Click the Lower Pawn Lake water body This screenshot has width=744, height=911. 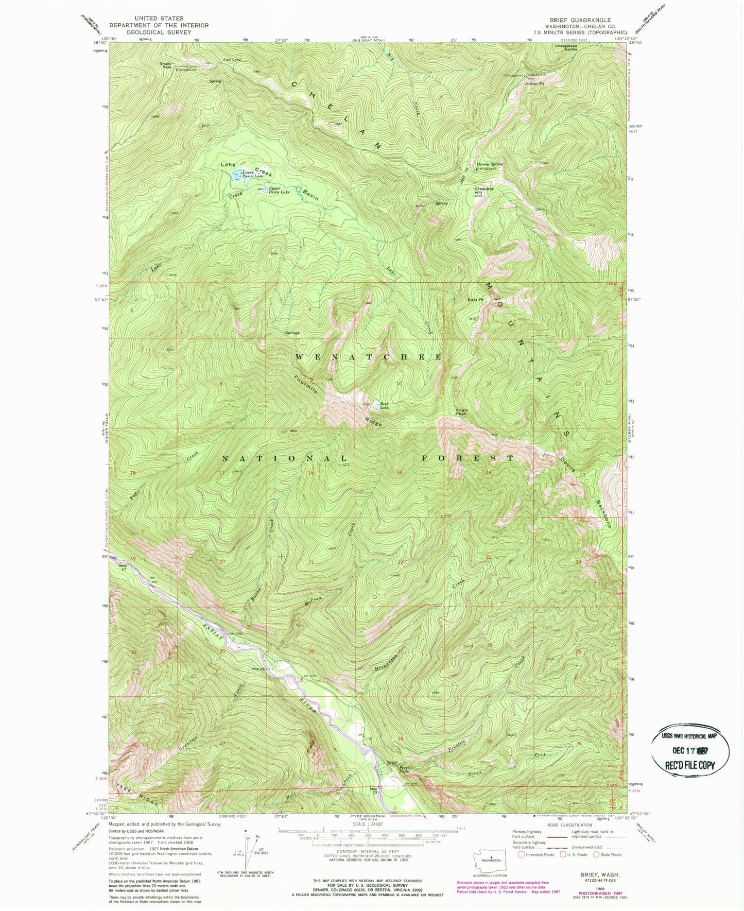(x=236, y=176)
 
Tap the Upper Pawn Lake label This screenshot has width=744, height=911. (x=279, y=190)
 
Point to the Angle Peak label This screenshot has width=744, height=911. (x=461, y=412)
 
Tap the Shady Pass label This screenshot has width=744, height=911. (x=166, y=65)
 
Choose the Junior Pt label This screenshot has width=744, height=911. (x=533, y=83)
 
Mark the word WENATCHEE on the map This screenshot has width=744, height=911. (x=368, y=357)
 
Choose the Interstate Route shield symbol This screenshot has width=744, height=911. (x=522, y=855)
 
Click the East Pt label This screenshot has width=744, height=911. (x=476, y=299)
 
